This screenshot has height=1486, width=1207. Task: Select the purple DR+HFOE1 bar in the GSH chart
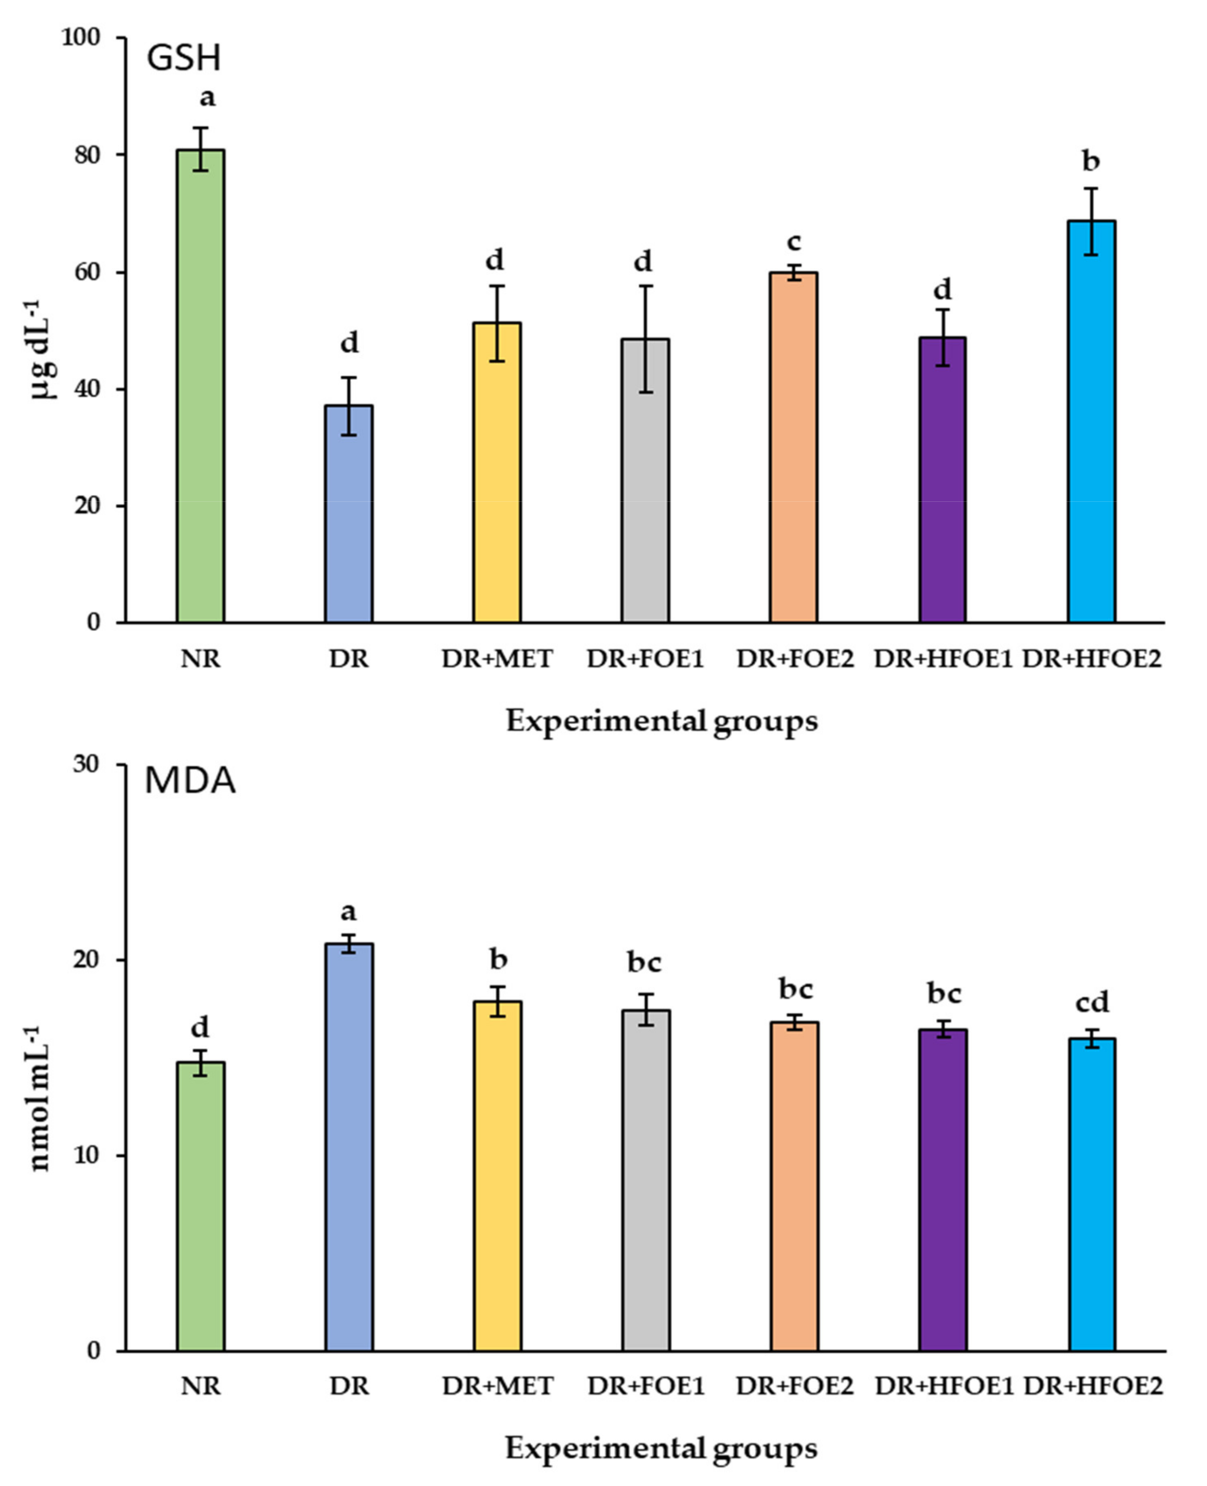(x=943, y=480)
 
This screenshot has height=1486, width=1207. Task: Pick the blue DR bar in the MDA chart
(x=349, y=1147)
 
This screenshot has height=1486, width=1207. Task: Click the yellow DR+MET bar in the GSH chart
(x=497, y=473)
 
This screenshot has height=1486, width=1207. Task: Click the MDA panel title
(x=190, y=781)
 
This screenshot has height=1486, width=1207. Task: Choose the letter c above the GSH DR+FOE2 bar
(x=794, y=242)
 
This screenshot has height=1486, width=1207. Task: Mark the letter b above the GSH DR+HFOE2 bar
(x=1091, y=161)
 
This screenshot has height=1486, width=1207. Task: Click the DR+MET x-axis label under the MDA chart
(x=497, y=1386)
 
